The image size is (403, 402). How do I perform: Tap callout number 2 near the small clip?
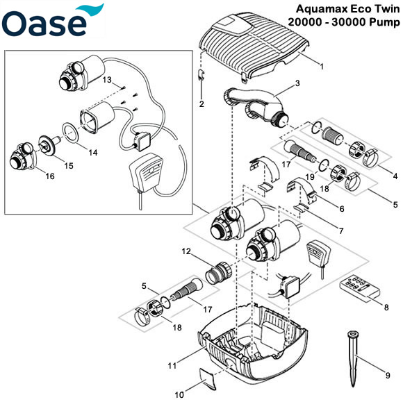click(x=201, y=104)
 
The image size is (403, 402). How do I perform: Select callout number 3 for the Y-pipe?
click(x=297, y=83)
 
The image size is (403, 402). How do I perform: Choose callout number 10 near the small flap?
click(x=179, y=395)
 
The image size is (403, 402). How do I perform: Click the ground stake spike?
click(x=353, y=355)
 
